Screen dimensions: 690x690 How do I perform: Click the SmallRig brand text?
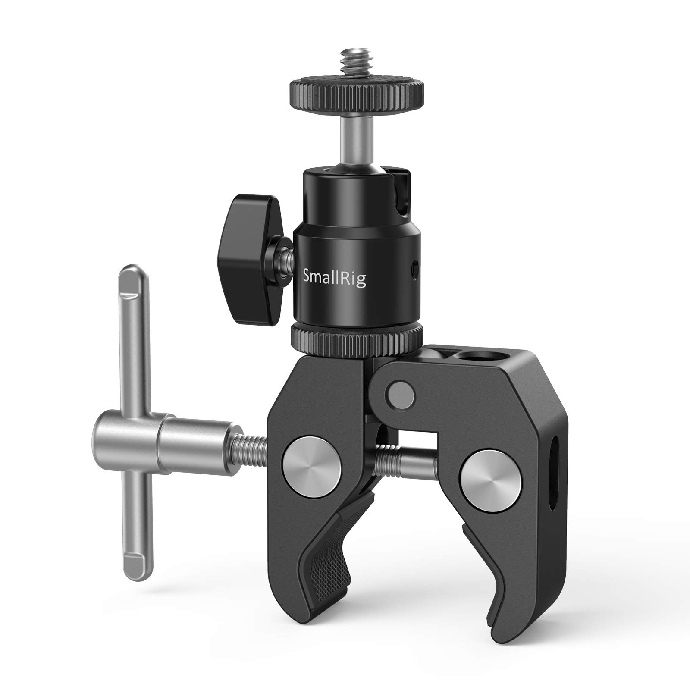tap(335, 279)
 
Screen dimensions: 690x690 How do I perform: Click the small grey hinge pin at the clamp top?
tap(400, 394)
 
